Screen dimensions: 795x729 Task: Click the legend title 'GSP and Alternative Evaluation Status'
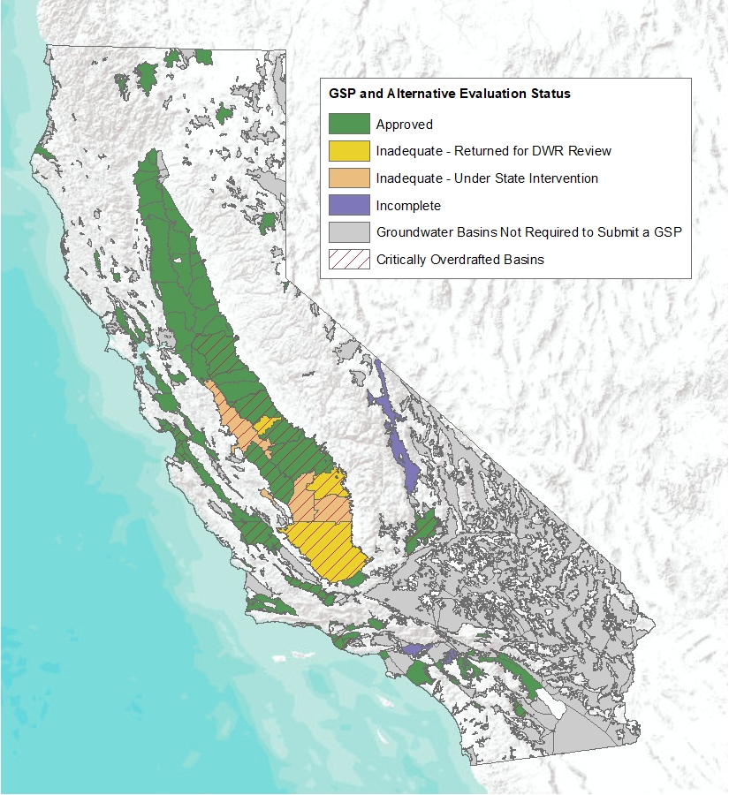pos(450,93)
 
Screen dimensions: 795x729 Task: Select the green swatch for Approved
pos(348,124)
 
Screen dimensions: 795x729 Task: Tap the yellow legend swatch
pos(348,150)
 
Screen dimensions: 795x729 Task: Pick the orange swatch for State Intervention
pos(348,178)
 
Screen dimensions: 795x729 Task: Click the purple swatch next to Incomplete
pos(348,205)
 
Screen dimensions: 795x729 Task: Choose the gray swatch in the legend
pos(348,232)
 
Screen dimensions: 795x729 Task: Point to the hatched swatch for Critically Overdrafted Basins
pos(348,260)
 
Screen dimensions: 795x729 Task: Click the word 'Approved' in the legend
pos(404,125)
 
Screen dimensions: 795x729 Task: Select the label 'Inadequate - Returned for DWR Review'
pos(493,151)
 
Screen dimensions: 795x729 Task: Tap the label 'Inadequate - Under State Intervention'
pos(487,178)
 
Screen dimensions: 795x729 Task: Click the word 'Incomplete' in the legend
pos(408,206)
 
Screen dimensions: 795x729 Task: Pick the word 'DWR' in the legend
pos(555,151)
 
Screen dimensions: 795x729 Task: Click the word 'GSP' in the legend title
pos(344,93)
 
